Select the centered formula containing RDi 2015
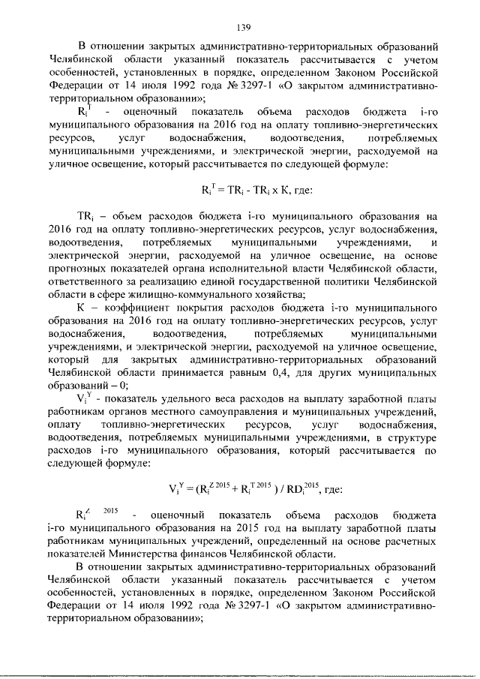255,490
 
